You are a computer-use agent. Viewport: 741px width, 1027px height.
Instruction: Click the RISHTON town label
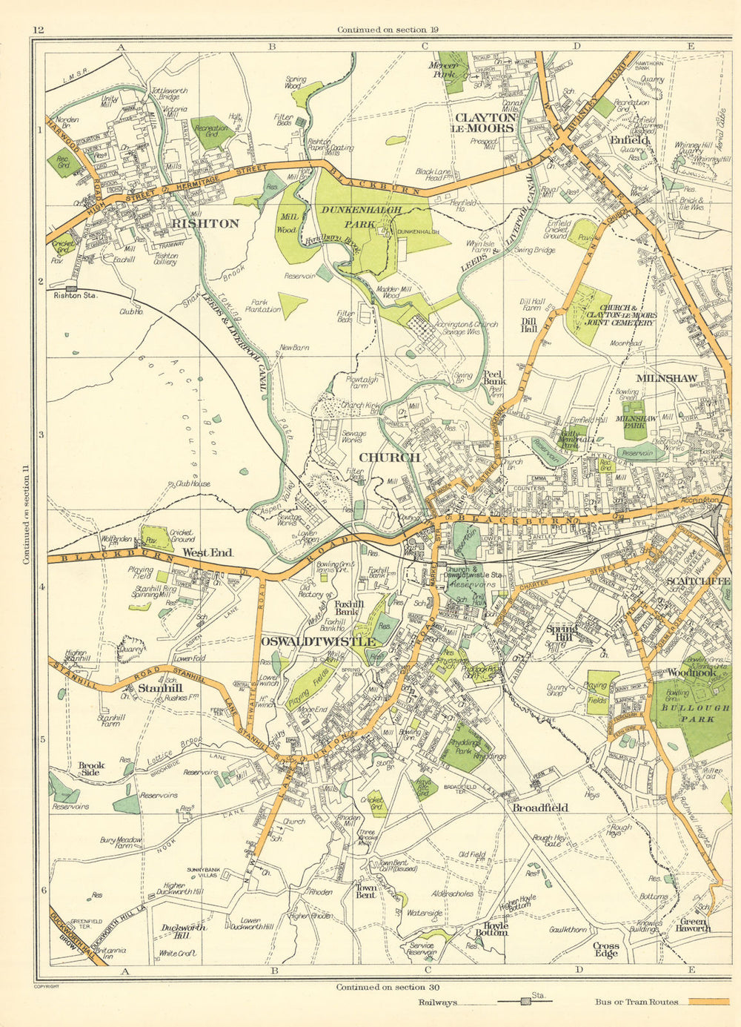point(205,223)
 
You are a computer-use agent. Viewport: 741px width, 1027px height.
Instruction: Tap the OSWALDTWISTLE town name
point(319,641)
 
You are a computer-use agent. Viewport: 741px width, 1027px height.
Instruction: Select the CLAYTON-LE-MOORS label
point(485,122)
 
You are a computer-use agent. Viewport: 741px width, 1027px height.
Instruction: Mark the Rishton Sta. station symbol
point(72,288)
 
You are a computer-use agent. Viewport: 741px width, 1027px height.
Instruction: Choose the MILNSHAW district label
point(657,378)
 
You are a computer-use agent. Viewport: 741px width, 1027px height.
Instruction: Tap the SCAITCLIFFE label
point(697,581)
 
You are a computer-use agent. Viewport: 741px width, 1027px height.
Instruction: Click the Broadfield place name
point(540,808)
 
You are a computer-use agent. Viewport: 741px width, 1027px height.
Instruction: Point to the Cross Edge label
point(605,949)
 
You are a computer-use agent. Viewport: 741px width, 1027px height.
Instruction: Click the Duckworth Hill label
point(183,931)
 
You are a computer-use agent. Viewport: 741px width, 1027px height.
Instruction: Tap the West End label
point(207,553)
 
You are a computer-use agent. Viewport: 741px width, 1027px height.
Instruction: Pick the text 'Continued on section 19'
point(382,30)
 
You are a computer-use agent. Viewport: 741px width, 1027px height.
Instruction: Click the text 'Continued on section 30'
point(381,987)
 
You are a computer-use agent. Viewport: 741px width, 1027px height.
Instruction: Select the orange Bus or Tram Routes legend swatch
point(708,1002)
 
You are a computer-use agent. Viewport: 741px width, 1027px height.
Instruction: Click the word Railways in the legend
point(436,1002)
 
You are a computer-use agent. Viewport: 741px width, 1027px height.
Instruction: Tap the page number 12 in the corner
point(39,30)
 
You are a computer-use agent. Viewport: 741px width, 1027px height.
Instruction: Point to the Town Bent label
point(365,891)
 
